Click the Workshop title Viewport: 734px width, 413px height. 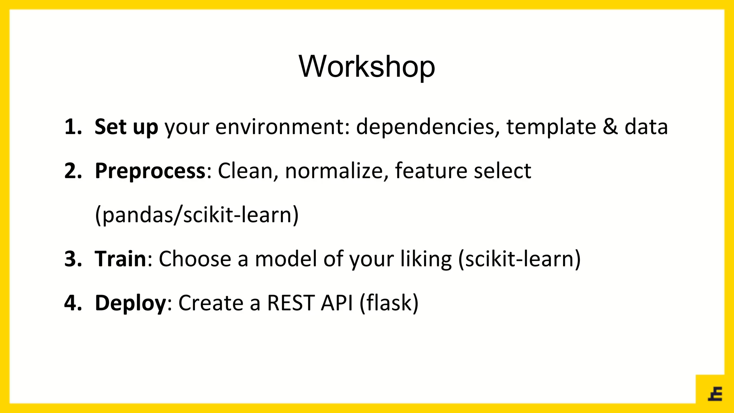point(367,67)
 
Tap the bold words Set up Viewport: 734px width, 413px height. point(126,127)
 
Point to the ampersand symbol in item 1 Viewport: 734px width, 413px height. point(610,127)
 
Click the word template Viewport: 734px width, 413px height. point(551,127)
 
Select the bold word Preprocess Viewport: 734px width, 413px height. point(150,171)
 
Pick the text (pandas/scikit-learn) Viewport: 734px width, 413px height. point(197,215)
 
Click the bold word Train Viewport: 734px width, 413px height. point(120,259)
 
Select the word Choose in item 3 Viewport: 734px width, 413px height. point(195,259)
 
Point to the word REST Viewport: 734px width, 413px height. point(291,303)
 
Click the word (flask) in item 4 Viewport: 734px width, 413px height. point(389,303)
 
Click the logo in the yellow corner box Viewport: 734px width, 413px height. point(715,394)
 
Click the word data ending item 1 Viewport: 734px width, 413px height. point(646,127)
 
